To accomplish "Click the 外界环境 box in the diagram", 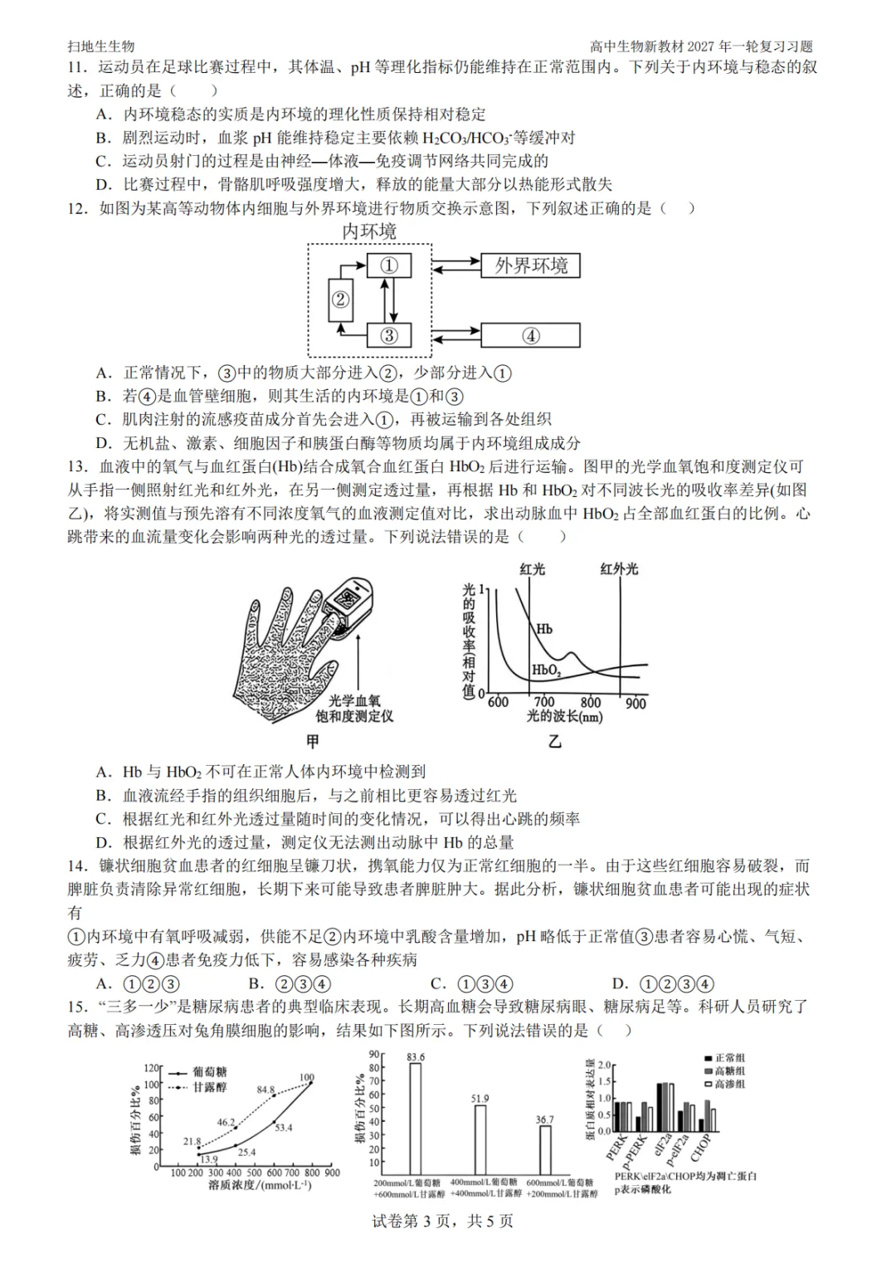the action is pyautogui.click(x=530, y=266).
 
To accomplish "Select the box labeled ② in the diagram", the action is pyautogui.click(x=340, y=300).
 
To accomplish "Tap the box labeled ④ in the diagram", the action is pyautogui.click(x=530, y=335).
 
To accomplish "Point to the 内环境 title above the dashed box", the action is pyautogui.click(x=369, y=232).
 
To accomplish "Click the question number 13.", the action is pyautogui.click(x=79, y=467).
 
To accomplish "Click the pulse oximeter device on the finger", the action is pyautogui.click(x=347, y=607).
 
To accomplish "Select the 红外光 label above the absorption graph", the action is pyautogui.click(x=619, y=569).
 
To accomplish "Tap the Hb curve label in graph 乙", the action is pyautogui.click(x=544, y=629).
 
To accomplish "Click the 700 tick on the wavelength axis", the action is pyautogui.click(x=544, y=703).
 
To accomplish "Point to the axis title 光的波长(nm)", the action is pyautogui.click(x=564, y=717).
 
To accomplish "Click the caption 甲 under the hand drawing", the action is pyautogui.click(x=313, y=741).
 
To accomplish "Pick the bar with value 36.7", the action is pyautogui.click(x=545, y=1150).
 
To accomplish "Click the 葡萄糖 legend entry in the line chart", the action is pyautogui.click(x=198, y=1072).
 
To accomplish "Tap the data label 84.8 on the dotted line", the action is pyautogui.click(x=265, y=1090).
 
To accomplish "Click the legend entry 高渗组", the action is pyautogui.click(x=725, y=1084).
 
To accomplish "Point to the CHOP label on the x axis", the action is pyautogui.click(x=700, y=1148).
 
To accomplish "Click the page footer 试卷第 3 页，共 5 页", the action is pyautogui.click(x=442, y=1221).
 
